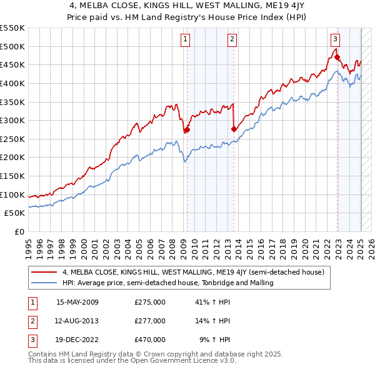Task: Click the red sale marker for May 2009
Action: pyautogui.click(x=187, y=130)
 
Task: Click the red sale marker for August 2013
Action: pyautogui.click(x=234, y=129)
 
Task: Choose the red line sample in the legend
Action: pyautogui.click(x=44, y=273)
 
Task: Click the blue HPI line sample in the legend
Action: pyautogui.click(x=44, y=283)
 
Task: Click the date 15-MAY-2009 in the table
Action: pyautogui.click(x=77, y=302)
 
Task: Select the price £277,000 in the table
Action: pyautogui.click(x=150, y=321)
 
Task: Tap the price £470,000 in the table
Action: pyautogui.click(x=150, y=340)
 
